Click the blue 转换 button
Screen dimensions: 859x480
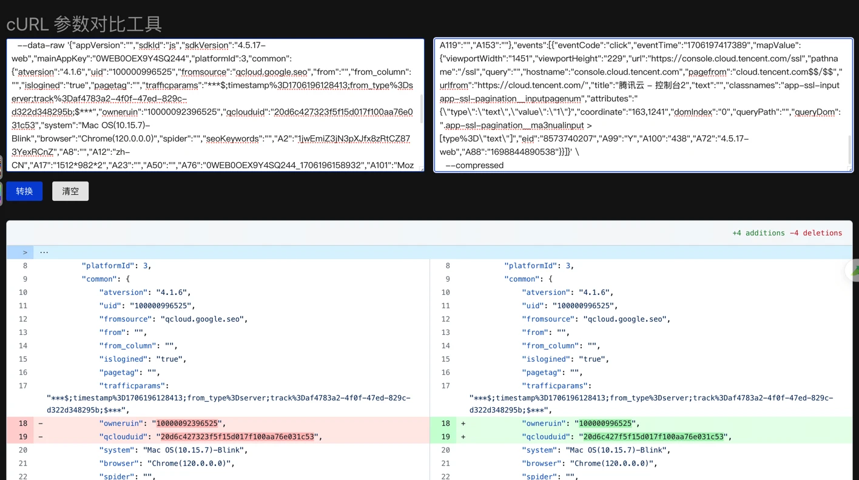[x=24, y=191]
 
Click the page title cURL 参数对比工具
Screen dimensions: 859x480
[x=84, y=24]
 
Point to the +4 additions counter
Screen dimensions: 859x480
[x=758, y=233]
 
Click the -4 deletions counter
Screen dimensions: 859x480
[x=816, y=233]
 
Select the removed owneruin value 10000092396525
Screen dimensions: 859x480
[x=187, y=423]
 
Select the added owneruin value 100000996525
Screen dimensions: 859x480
[x=605, y=423]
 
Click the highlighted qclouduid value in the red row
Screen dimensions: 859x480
[x=237, y=437]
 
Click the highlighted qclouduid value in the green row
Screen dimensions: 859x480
[x=653, y=437]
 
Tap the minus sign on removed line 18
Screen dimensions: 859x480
[x=41, y=423]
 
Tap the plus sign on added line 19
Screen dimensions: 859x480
[x=463, y=437]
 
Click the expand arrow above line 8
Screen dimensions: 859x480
[x=25, y=252]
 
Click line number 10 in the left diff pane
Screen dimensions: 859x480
[x=23, y=292]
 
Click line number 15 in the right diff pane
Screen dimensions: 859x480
[x=445, y=359]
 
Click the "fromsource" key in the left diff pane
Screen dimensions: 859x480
[x=126, y=319]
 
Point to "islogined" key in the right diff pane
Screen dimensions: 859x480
[x=546, y=359]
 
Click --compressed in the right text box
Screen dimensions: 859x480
[x=474, y=166]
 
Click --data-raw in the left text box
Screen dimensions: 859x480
[x=41, y=46]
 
